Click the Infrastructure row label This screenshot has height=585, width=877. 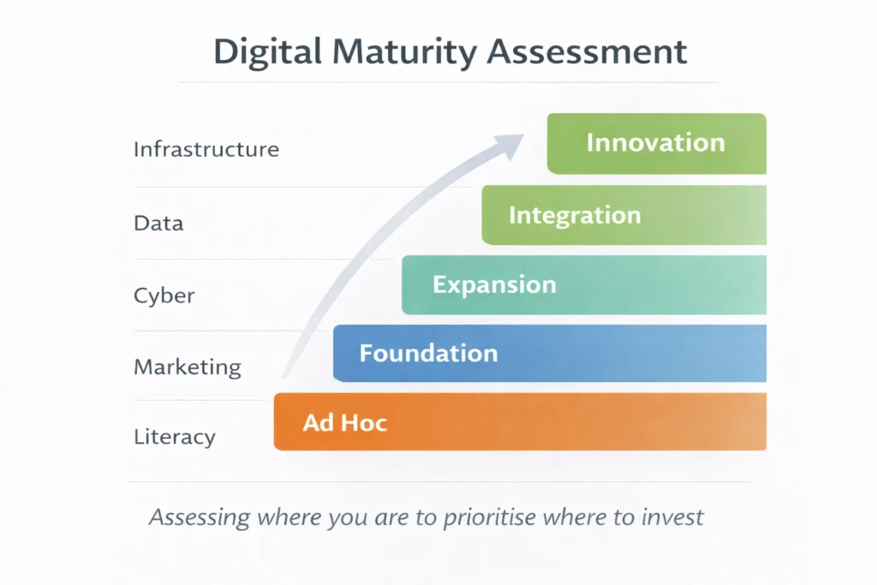(206, 150)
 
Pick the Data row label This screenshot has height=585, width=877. (158, 224)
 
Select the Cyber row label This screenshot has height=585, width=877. (164, 296)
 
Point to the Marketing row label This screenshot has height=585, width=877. (188, 368)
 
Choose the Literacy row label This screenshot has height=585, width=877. (175, 438)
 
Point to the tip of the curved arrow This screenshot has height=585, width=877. (523, 136)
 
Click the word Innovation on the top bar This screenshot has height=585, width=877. (656, 143)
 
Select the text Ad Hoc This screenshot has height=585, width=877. (345, 422)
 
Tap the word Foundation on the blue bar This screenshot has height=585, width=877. (428, 353)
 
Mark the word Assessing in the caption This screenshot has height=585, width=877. (200, 517)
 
